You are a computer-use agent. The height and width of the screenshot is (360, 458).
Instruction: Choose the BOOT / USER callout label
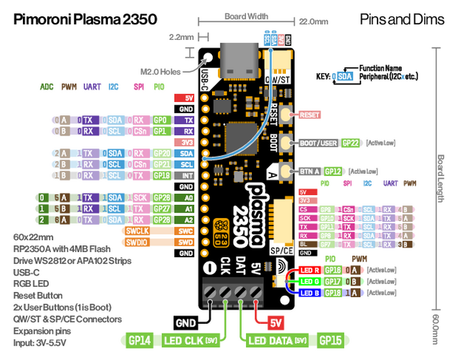coord(319,143)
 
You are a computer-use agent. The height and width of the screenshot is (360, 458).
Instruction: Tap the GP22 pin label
coord(351,143)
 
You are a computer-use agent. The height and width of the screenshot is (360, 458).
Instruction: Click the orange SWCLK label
coord(139,231)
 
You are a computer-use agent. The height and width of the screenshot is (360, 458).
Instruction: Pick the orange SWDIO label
coord(139,242)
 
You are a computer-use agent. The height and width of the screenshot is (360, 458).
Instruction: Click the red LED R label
coord(309,270)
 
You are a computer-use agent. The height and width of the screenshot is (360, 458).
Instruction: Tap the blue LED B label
coord(309,293)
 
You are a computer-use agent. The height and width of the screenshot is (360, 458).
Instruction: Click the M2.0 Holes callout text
coord(162,71)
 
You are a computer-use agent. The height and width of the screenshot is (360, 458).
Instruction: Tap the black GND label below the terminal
coord(186,322)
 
